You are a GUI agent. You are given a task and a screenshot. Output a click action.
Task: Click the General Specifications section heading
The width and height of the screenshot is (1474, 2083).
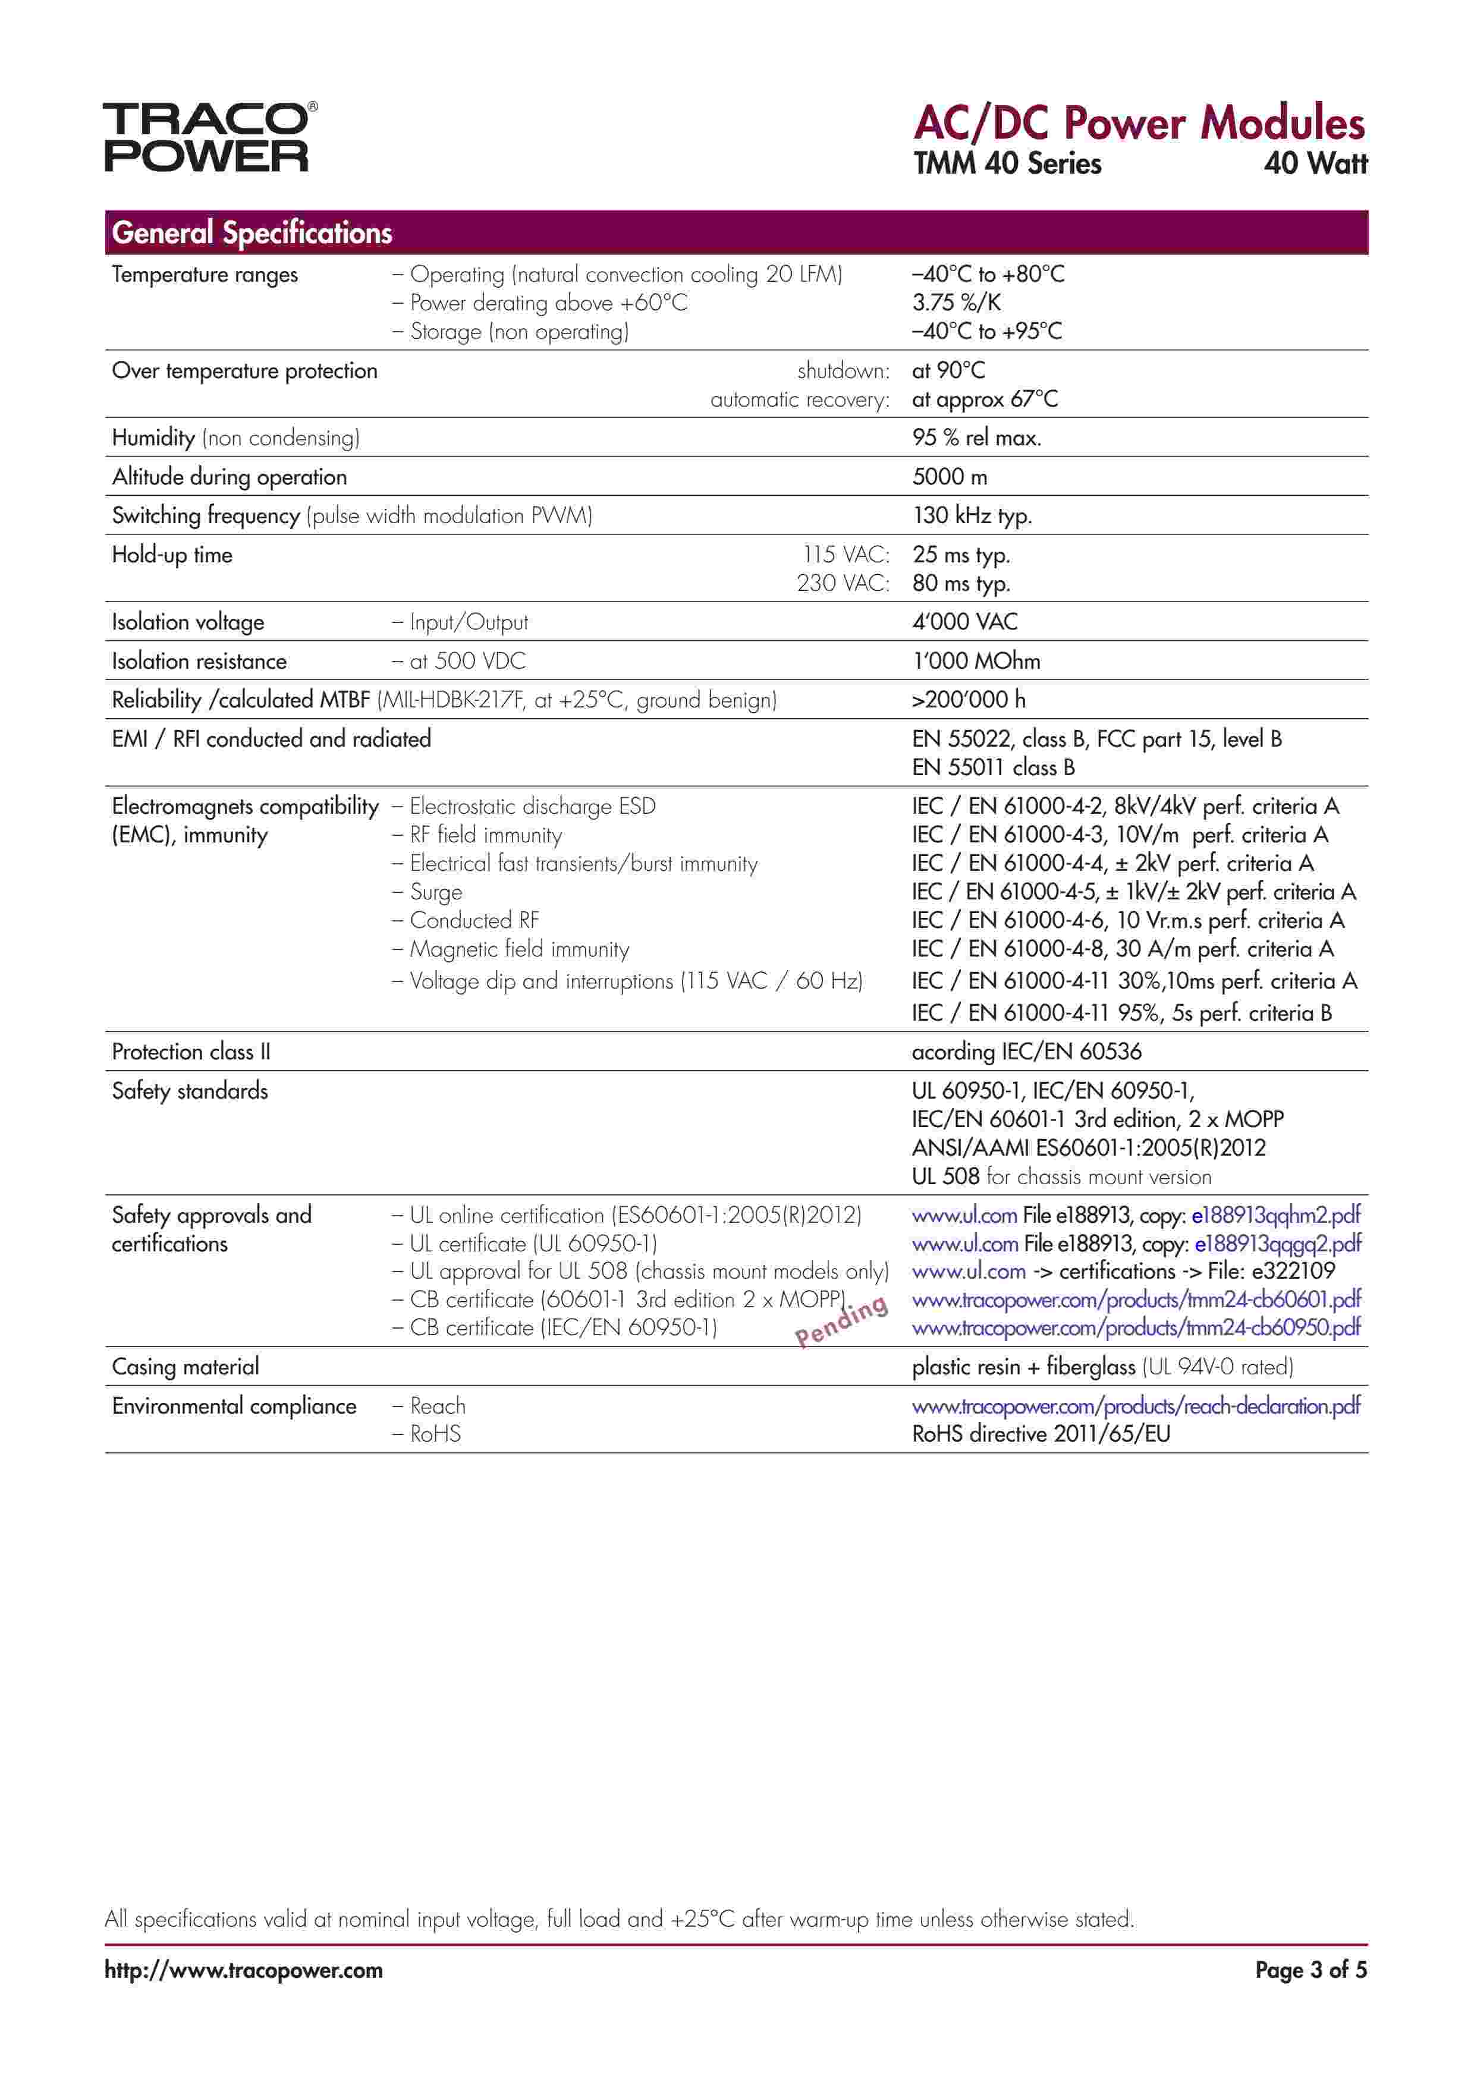click(x=252, y=233)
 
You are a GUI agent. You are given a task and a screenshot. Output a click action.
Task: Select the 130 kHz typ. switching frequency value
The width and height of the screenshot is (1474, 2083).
click(x=972, y=516)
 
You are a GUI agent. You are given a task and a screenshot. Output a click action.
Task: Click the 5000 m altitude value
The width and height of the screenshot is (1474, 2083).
click(x=950, y=477)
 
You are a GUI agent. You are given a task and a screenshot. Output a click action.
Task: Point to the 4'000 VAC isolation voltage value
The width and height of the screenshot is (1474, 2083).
click(x=965, y=622)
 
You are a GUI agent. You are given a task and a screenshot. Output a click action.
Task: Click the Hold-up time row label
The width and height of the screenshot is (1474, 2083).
click(x=172, y=555)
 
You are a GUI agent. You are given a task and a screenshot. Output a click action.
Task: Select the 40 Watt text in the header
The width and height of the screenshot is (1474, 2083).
click(x=1315, y=163)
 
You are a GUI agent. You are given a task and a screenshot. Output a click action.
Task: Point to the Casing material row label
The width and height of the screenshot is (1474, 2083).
click(x=185, y=1367)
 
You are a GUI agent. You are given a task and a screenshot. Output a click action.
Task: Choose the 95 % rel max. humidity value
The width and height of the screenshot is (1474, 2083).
click(x=976, y=438)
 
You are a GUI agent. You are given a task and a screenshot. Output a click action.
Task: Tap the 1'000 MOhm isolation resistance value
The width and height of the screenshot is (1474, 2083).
click(x=976, y=662)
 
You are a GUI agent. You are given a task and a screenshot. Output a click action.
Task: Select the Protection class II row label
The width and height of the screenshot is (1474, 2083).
click(x=191, y=1052)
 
